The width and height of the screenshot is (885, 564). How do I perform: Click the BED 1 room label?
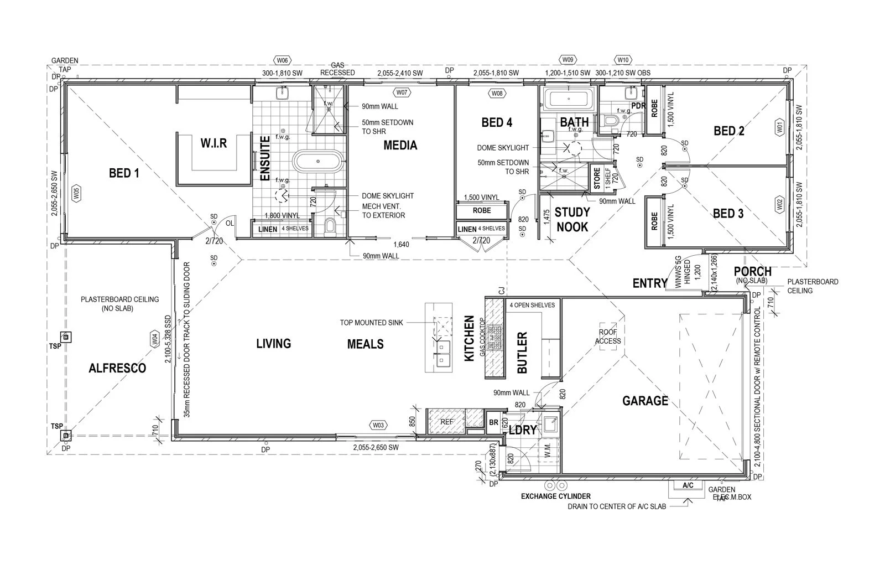(x=124, y=174)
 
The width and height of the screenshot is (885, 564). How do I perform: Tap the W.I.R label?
(x=213, y=143)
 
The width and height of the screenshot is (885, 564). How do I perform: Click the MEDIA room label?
(x=400, y=146)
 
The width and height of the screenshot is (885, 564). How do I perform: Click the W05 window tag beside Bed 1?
(x=76, y=193)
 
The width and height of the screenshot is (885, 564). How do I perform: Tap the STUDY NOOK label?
(x=572, y=219)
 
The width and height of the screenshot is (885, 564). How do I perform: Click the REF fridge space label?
(x=447, y=422)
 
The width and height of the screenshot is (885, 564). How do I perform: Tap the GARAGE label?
(x=645, y=401)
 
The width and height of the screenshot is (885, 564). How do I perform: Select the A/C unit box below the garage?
(x=688, y=486)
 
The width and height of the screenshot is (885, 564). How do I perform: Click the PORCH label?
(x=752, y=272)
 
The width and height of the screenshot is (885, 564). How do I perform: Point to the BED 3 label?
(x=728, y=214)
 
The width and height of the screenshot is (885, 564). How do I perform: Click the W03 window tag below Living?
(x=378, y=425)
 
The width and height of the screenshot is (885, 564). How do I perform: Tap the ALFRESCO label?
(x=117, y=368)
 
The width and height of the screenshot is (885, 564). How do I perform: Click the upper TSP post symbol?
(x=66, y=337)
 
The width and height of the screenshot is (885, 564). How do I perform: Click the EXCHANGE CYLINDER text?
(x=555, y=496)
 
